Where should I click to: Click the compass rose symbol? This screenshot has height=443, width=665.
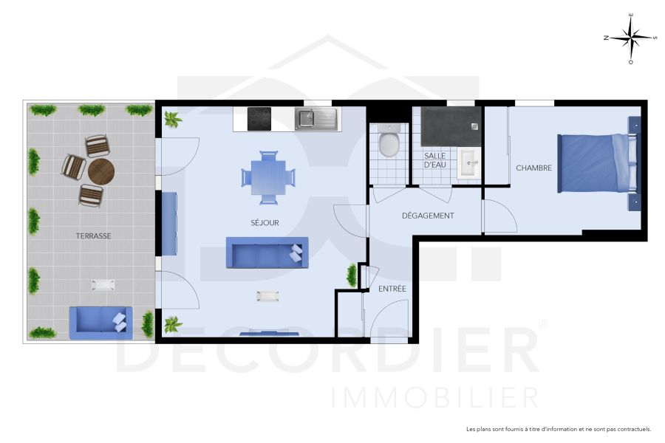630,38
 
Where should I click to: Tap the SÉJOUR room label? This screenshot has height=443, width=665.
265,222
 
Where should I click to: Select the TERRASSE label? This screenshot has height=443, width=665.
93,236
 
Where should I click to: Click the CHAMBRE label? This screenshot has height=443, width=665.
533,168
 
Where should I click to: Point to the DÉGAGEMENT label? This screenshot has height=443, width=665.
428,216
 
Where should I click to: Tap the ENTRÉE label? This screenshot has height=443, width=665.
392,289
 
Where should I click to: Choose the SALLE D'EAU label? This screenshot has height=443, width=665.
434,160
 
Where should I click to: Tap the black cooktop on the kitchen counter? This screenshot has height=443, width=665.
259,118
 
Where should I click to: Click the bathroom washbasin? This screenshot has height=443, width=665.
468,163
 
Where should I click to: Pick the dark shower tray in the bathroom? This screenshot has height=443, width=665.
446,127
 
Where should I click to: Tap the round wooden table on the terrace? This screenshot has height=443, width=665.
101,172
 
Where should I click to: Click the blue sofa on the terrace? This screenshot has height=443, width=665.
100,322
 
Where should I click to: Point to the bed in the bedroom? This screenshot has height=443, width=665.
597,163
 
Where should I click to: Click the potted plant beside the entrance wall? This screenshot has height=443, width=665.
352,275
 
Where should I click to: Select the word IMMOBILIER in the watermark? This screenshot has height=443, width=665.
435,397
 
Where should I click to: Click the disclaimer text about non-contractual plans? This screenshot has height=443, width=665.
558,429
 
